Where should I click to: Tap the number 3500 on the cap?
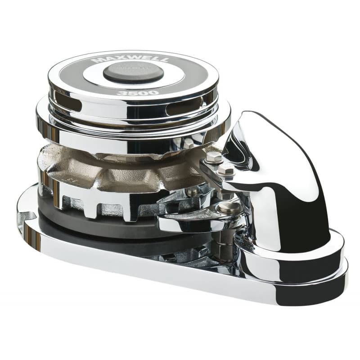click(x=131, y=93)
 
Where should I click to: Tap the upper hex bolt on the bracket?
click(x=213, y=157)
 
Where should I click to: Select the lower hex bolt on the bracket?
click(x=226, y=170)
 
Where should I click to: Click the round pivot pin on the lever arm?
click(x=229, y=207)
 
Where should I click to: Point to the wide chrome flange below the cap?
click(x=135, y=135)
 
